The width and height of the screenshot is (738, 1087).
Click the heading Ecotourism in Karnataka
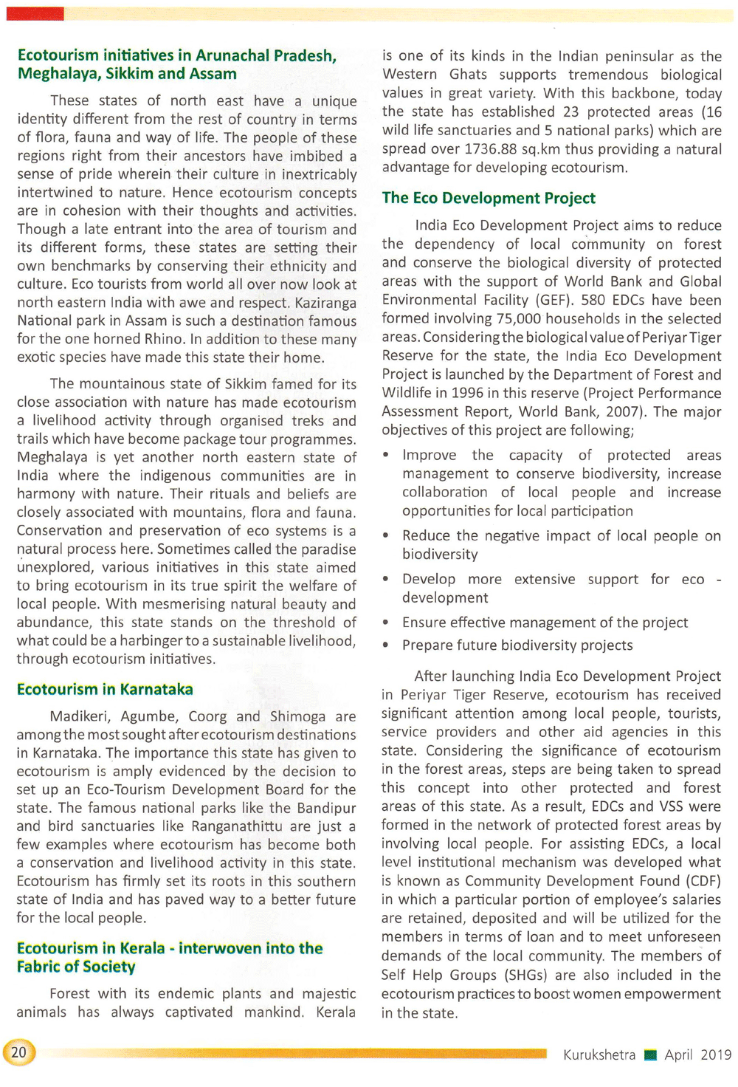(105, 689)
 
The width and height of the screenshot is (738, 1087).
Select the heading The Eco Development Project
(489, 198)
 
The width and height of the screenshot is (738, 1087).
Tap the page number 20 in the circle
(18, 1052)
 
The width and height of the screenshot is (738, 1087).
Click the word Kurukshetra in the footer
(599, 1055)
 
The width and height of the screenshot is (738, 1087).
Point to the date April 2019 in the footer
(697, 1055)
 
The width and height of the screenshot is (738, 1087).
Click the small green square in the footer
(650, 1055)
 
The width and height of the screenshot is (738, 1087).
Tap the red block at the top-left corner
(35, 14)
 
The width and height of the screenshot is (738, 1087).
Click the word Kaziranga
(325, 303)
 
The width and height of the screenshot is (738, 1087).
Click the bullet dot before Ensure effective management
(386, 623)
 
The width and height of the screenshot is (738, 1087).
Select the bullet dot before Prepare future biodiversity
(386, 645)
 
